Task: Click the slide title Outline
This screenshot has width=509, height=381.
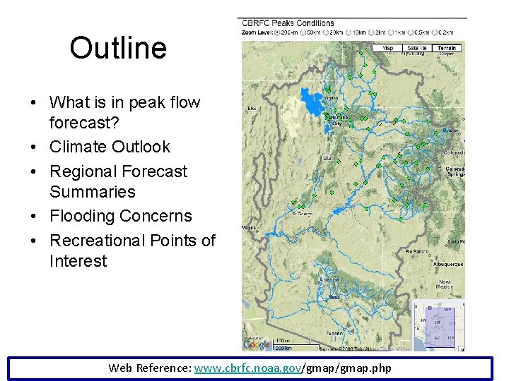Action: tap(118, 48)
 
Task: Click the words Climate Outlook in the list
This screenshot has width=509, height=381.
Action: tap(110, 147)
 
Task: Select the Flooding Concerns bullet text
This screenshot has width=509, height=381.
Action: tap(120, 216)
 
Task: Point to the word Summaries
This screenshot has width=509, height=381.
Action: tap(92, 192)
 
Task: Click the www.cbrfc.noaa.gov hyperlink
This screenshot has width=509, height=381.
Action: tap(247, 368)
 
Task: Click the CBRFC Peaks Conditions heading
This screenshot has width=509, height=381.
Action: tap(287, 23)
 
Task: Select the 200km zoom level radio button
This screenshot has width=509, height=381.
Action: tap(276, 32)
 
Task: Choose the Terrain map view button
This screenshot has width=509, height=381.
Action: tap(447, 48)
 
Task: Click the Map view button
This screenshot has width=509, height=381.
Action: tap(388, 48)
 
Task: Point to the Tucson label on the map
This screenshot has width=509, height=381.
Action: tap(334, 333)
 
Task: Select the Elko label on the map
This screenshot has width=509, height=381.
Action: tap(252, 109)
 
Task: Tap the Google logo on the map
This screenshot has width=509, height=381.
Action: tap(256, 344)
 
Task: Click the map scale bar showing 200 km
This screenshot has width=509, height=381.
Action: tap(283, 346)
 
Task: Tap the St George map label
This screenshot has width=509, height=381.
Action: tap(303, 214)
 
